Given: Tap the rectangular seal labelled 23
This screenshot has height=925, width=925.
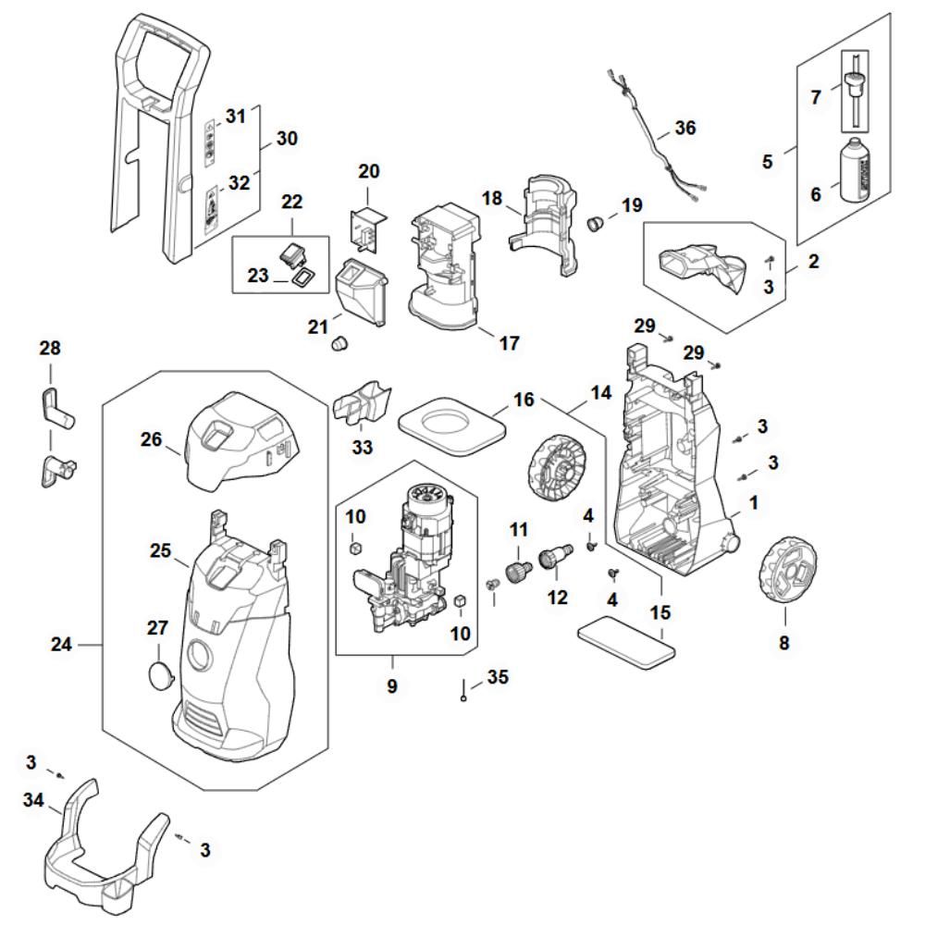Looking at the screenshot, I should (x=302, y=277).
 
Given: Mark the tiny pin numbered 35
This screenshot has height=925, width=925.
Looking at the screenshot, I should (x=462, y=697).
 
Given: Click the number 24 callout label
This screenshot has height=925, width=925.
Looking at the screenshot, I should (x=61, y=644).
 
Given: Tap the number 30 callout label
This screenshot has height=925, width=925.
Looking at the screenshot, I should (x=287, y=140).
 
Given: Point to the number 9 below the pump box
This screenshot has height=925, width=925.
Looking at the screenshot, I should (x=392, y=687).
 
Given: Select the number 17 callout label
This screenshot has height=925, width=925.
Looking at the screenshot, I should (x=509, y=343).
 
